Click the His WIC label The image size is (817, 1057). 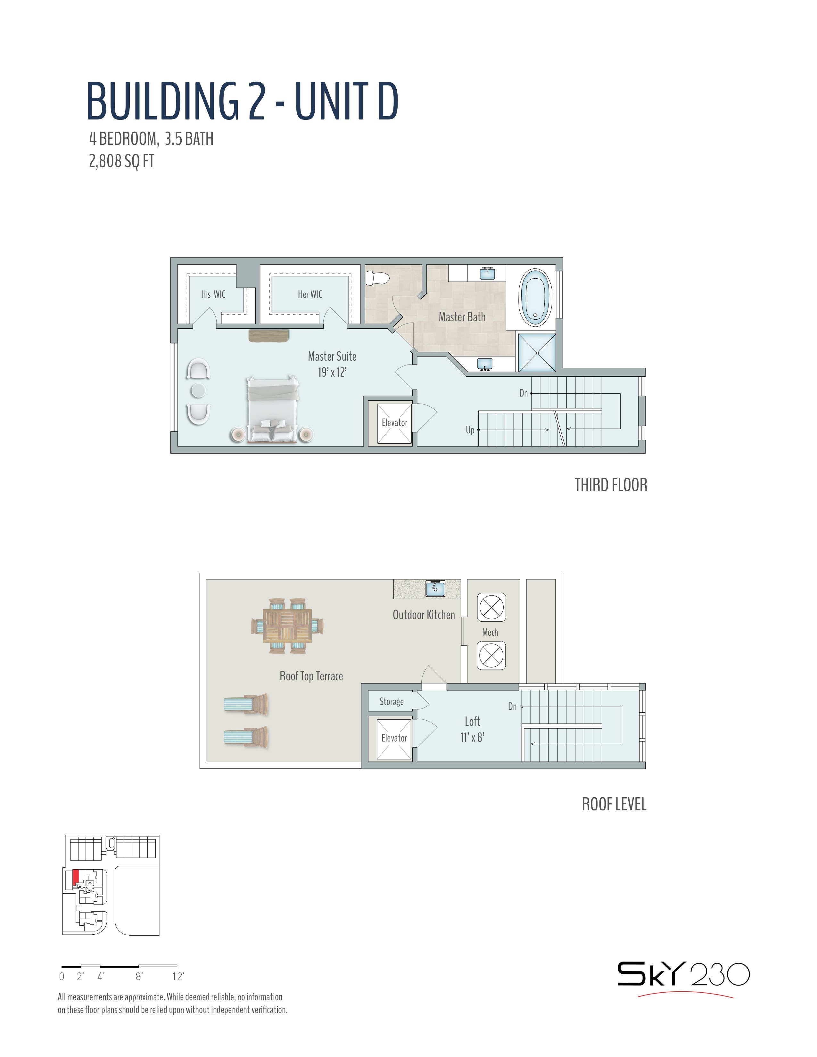[213, 294]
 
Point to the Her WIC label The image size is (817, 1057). [310, 294]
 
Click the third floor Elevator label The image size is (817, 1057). [394, 422]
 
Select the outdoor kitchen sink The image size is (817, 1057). [435, 588]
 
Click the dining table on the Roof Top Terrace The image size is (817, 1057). [287, 626]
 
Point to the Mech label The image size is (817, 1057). [490, 632]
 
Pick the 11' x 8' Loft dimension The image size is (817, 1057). [472, 737]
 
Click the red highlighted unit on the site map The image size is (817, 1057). [76, 878]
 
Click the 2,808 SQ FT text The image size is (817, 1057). [121, 161]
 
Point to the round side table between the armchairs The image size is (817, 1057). [198, 390]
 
